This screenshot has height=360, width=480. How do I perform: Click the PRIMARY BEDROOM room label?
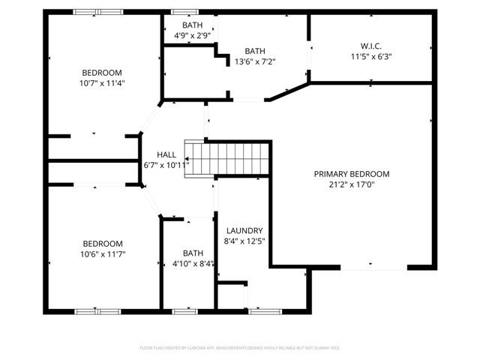(x=352, y=174)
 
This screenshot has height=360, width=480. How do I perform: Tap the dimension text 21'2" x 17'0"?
(x=352, y=184)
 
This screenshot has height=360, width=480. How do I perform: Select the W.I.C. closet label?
(x=371, y=46)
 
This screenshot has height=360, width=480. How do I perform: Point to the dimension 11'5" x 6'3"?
(x=371, y=56)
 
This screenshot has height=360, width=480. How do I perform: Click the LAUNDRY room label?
(x=244, y=230)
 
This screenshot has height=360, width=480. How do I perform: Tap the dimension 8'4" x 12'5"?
(x=244, y=241)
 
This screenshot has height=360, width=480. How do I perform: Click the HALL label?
(x=166, y=154)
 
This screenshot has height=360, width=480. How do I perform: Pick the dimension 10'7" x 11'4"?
(x=103, y=83)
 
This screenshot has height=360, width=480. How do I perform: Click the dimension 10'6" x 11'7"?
(x=103, y=254)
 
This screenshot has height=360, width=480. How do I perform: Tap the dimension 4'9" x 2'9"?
(x=192, y=35)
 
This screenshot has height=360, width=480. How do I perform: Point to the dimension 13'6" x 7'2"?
(x=255, y=61)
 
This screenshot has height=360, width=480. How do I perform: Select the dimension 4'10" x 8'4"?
(x=193, y=263)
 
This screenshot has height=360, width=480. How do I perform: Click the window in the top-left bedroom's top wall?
(x=98, y=11)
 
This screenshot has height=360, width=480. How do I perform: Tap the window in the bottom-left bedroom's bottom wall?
(x=97, y=310)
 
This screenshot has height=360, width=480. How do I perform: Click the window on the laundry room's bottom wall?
(x=263, y=310)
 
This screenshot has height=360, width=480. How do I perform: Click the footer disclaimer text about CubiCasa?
(x=240, y=348)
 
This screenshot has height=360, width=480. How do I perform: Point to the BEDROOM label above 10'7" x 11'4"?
(x=103, y=73)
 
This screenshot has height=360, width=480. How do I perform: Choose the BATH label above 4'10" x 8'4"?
(x=193, y=253)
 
